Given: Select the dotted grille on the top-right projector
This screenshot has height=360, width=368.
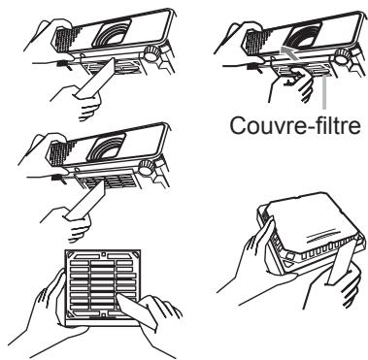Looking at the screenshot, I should (248, 36).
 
